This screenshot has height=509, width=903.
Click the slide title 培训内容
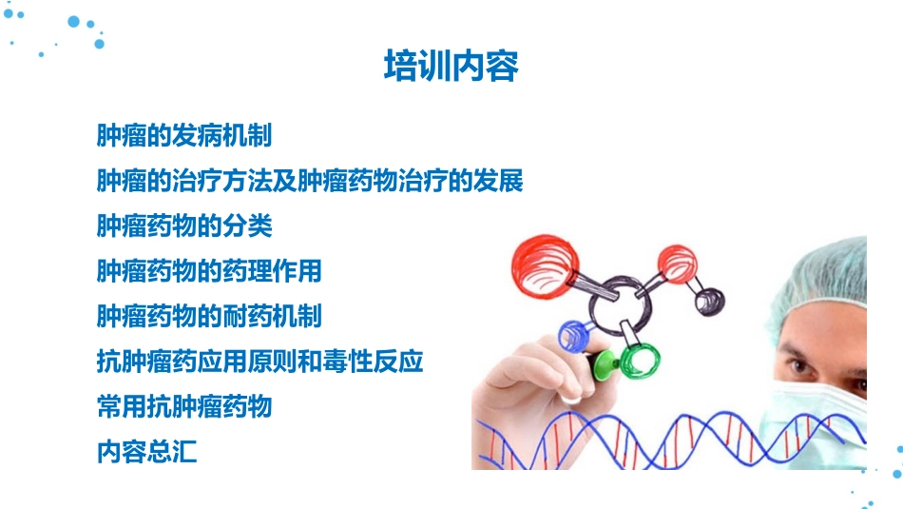[x=451, y=68]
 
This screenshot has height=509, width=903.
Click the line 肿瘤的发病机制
[x=184, y=136]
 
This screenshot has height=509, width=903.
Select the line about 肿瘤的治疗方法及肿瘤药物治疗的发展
[x=310, y=181]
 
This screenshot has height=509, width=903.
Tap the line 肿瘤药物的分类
[x=184, y=225]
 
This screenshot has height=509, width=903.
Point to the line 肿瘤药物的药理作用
[x=209, y=271]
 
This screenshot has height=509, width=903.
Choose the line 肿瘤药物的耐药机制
[x=209, y=316]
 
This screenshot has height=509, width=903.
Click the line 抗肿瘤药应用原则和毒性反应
[x=259, y=362]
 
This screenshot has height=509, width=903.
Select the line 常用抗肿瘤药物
[x=184, y=407]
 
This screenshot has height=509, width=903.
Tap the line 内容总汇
[x=147, y=452]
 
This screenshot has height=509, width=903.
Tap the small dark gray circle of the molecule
[x=708, y=302]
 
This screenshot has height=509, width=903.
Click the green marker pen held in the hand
[x=605, y=362]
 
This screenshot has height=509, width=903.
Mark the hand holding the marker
[x=532, y=381]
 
